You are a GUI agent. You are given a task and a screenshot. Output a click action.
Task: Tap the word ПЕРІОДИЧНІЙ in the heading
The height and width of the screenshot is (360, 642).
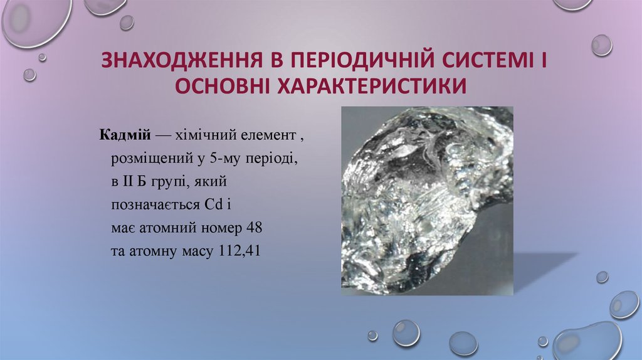pos(349,62)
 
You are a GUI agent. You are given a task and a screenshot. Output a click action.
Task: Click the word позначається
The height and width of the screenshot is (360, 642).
pos(155,204)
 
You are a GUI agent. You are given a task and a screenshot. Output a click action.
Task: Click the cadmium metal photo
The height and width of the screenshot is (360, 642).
pos(427,200)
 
